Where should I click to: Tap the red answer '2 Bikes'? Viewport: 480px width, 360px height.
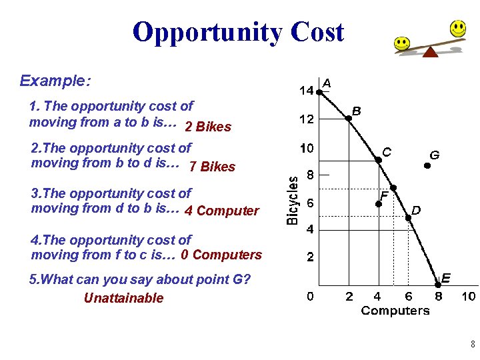point(208,127)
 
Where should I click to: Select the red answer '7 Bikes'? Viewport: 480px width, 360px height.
point(212,167)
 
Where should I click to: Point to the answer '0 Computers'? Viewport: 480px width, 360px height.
point(221,255)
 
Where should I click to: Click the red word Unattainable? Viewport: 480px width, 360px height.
point(123,298)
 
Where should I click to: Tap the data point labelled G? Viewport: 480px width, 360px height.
point(428,166)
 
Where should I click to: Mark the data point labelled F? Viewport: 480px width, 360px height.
point(377,203)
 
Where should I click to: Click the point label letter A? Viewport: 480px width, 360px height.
point(327,83)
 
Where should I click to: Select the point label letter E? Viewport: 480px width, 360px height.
point(446,277)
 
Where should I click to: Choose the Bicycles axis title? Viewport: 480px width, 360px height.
point(292,200)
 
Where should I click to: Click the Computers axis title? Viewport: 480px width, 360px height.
point(395,311)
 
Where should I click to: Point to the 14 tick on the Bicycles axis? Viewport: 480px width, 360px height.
point(306,91)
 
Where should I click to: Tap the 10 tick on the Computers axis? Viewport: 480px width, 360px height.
point(469,296)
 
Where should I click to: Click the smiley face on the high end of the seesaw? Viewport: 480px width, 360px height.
point(457,29)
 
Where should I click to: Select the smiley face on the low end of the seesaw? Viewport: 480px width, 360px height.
point(402,44)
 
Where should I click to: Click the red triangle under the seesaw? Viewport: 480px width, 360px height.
point(431,51)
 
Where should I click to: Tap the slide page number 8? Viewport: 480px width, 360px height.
point(472,345)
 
